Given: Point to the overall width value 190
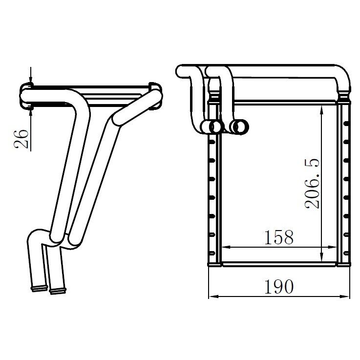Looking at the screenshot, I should coord(279,286).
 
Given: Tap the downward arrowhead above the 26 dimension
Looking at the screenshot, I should coord(31,81).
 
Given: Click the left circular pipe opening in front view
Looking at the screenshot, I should coord(215,127).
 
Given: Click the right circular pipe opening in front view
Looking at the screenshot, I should coord(240,127).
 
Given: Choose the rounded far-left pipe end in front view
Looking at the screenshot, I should coord(182,71).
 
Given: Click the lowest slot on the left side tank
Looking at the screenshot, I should coord(212,253).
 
